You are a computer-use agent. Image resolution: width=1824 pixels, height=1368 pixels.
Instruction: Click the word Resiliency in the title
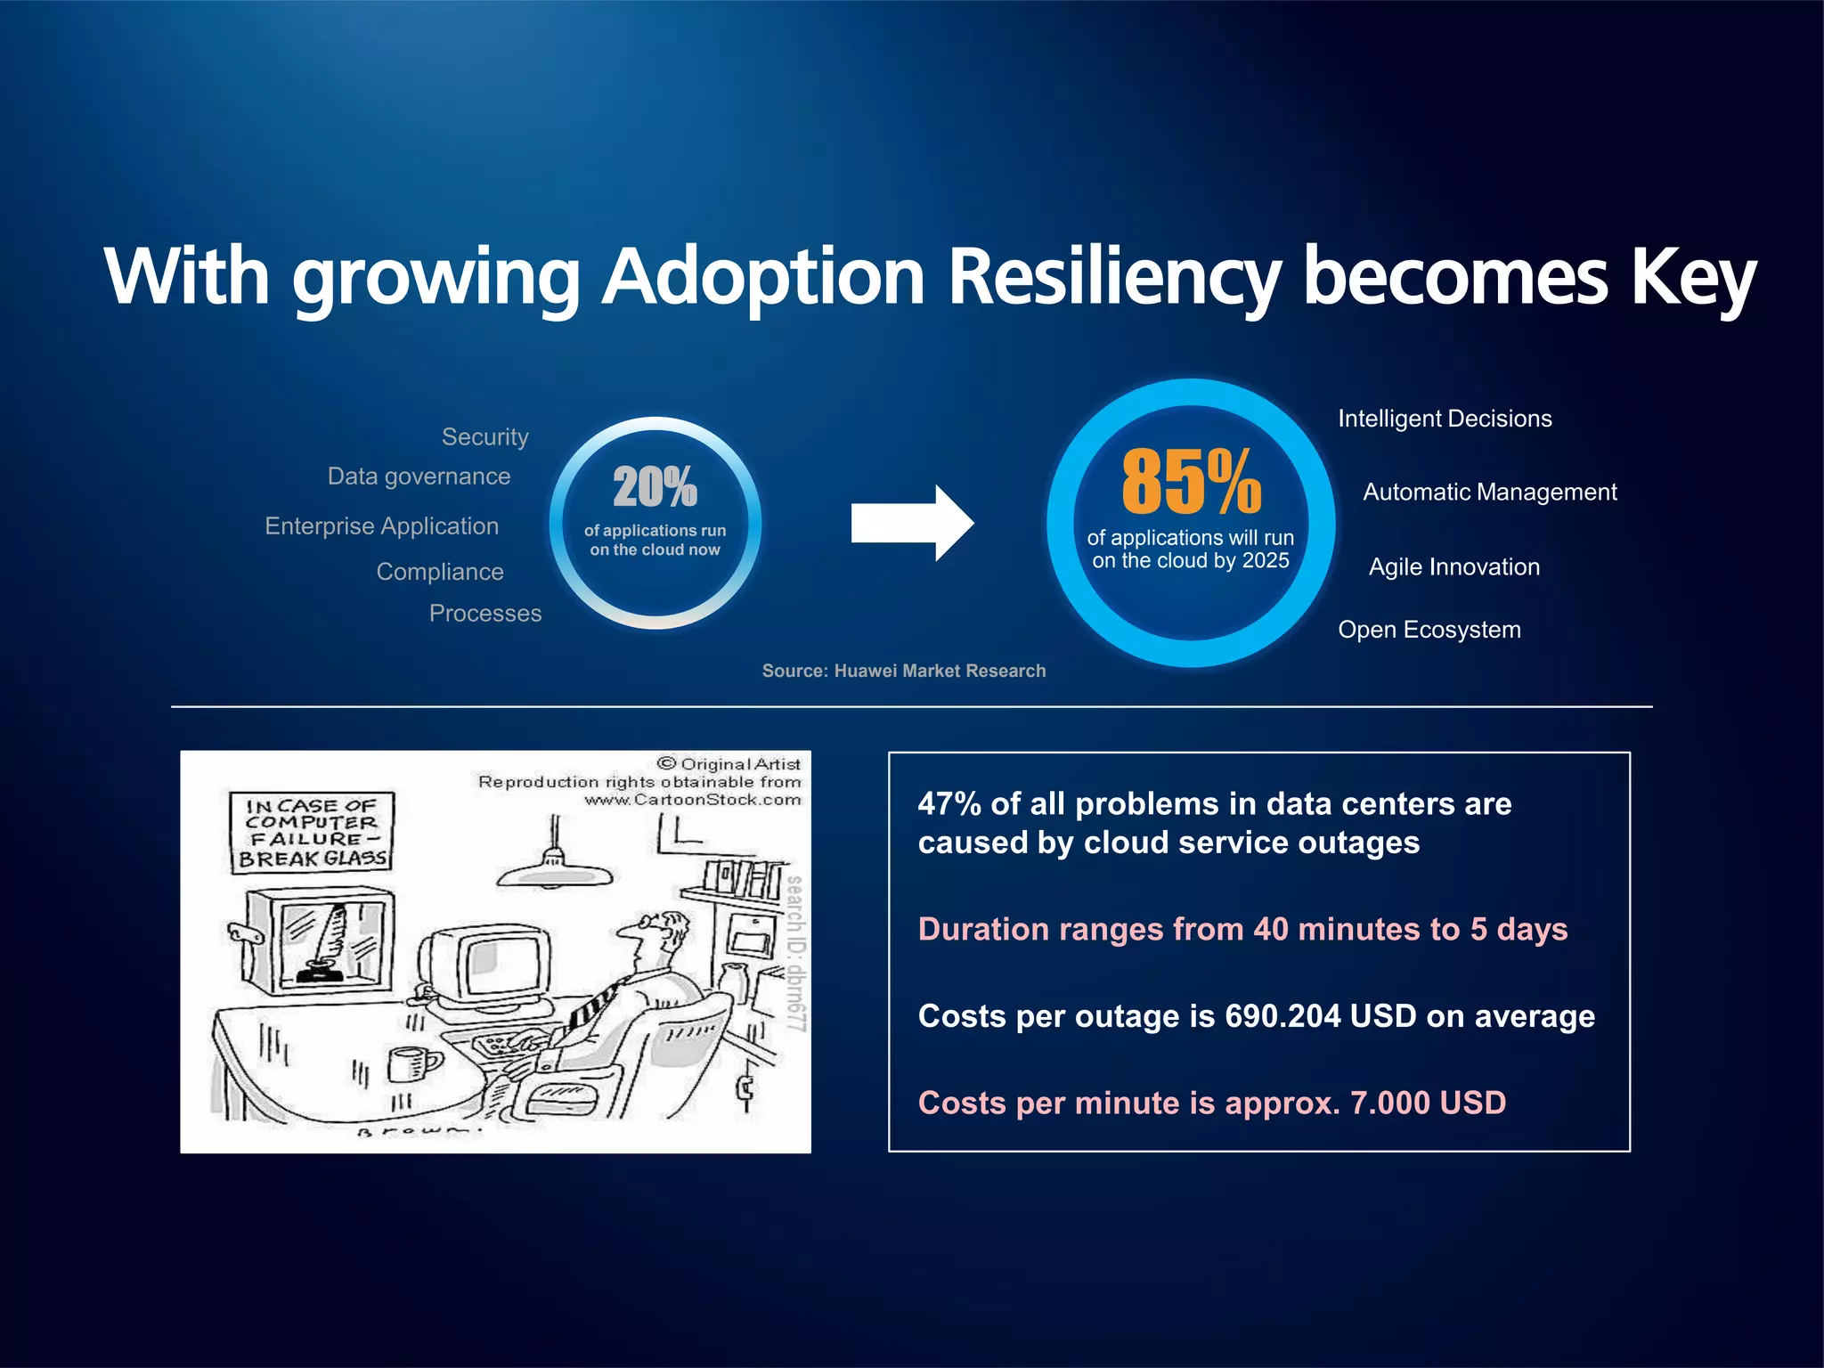1113,278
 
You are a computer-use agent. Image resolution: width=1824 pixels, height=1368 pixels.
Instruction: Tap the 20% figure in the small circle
655,487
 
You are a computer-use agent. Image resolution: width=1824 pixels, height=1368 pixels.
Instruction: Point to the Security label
484,437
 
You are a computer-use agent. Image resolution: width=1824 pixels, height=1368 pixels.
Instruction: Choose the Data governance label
419,476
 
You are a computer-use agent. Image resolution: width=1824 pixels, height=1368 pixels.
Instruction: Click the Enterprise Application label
381,526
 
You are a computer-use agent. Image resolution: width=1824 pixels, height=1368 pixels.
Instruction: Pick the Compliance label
440,572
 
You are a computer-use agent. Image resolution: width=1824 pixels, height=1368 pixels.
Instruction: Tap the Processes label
484,614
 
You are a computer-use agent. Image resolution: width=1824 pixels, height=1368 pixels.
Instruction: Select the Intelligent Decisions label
1445,419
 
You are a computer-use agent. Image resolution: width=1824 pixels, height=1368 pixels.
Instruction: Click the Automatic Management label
1489,493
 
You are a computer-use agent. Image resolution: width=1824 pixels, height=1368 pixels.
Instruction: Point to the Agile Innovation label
1453,567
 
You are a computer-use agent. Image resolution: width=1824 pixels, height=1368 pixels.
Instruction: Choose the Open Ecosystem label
1429,630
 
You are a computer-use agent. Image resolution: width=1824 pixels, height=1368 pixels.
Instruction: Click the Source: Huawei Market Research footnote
903,671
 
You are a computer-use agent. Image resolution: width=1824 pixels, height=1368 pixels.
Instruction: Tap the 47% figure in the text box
949,804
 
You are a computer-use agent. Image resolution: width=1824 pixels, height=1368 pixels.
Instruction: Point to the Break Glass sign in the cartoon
310,832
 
